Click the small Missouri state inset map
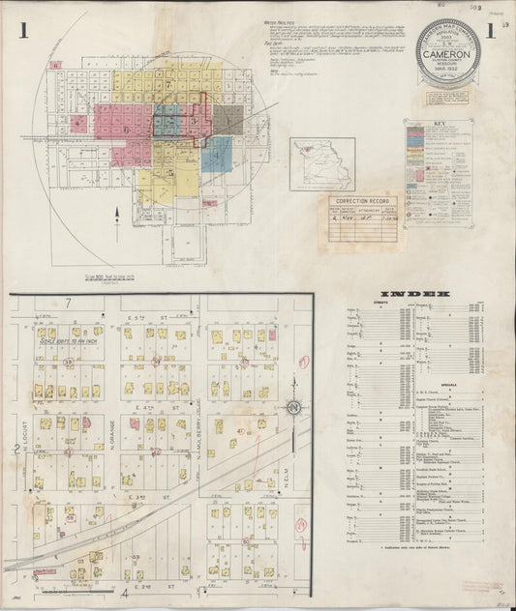pos(324,163)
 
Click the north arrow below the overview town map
pos(116,211)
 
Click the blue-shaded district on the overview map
pos(217,153)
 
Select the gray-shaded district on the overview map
pos(228,119)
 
